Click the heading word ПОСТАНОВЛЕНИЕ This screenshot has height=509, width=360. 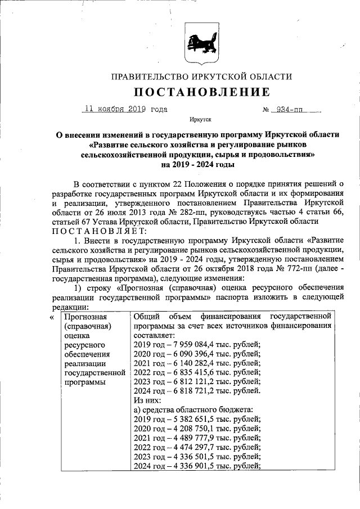201,92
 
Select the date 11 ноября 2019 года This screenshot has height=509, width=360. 125,110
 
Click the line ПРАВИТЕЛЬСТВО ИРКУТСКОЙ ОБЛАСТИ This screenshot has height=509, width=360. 201,76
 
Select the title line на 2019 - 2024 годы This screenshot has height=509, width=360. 201,165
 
